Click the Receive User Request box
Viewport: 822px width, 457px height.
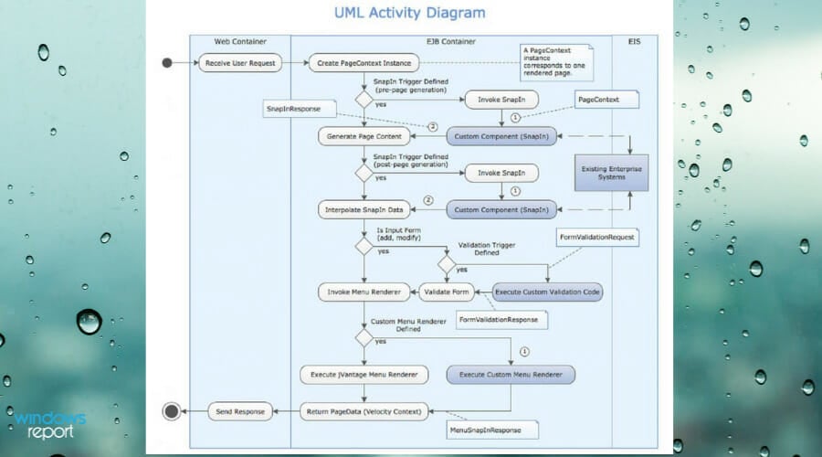click(x=239, y=63)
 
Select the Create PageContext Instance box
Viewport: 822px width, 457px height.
click(x=364, y=63)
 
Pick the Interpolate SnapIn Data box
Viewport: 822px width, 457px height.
click(x=364, y=209)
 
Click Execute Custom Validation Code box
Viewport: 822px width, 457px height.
click(x=548, y=292)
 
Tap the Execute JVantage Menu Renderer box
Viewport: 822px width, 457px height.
click(x=364, y=375)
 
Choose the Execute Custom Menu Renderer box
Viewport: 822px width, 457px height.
click(x=511, y=375)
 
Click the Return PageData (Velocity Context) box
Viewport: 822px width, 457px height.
click(x=364, y=411)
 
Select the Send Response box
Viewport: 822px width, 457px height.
click(x=240, y=411)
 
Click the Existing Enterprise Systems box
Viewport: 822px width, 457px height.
click(x=611, y=172)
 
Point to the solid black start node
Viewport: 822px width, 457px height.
click(x=166, y=63)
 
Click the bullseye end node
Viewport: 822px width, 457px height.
click(x=171, y=411)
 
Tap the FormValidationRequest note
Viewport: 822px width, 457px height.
click(x=597, y=237)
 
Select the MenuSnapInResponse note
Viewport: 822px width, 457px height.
click(x=492, y=429)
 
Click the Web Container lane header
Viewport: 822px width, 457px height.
click(x=239, y=41)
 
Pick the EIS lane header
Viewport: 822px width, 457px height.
click(x=634, y=41)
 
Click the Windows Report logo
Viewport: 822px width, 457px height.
click(x=50, y=424)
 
